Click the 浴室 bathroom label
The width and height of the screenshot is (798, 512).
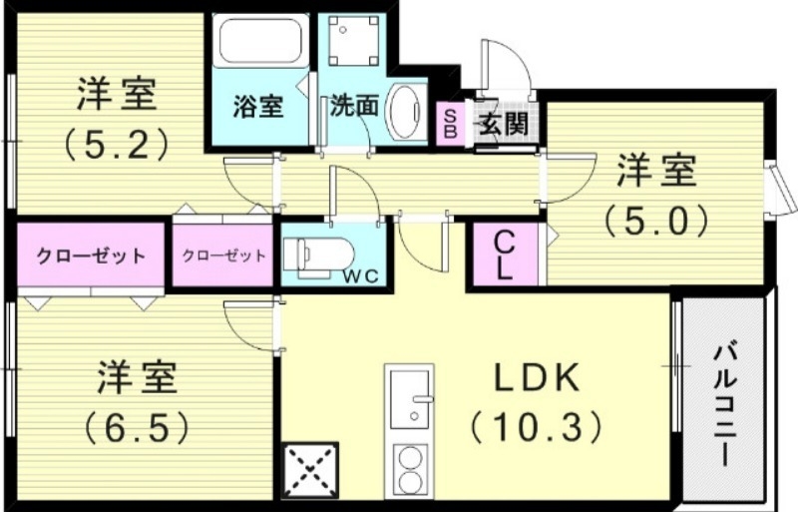coord(257,106)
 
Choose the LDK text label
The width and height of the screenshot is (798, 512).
coord(533,379)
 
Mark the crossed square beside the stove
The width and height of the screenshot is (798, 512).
coord(311,469)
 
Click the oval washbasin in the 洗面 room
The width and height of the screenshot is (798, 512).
coord(405,109)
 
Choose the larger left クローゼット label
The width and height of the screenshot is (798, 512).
coord(91,256)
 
